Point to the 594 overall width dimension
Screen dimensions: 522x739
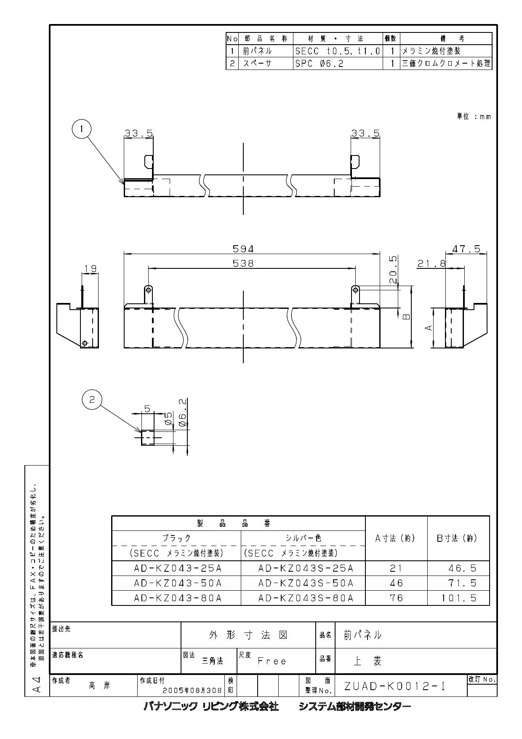tap(243, 249)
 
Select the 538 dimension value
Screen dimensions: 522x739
tap(243, 263)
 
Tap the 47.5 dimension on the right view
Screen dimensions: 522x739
tap(466, 249)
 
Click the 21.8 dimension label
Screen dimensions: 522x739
tap(431, 263)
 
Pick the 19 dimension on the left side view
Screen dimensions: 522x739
tap(90, 268)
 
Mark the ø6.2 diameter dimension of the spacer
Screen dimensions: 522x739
tap(183, 413)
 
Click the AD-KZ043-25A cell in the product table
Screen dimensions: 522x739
tap(178, 568)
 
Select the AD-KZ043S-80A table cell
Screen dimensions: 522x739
tap(306, 597)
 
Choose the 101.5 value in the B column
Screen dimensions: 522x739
tap(462, 597)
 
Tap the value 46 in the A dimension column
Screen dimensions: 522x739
tap(397, 583)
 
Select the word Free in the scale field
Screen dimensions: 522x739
tap(272, 661)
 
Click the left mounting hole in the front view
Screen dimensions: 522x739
tap(148, 289)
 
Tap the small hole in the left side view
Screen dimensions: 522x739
tap(85, 343)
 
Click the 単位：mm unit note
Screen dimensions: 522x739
tap(474, 117)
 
